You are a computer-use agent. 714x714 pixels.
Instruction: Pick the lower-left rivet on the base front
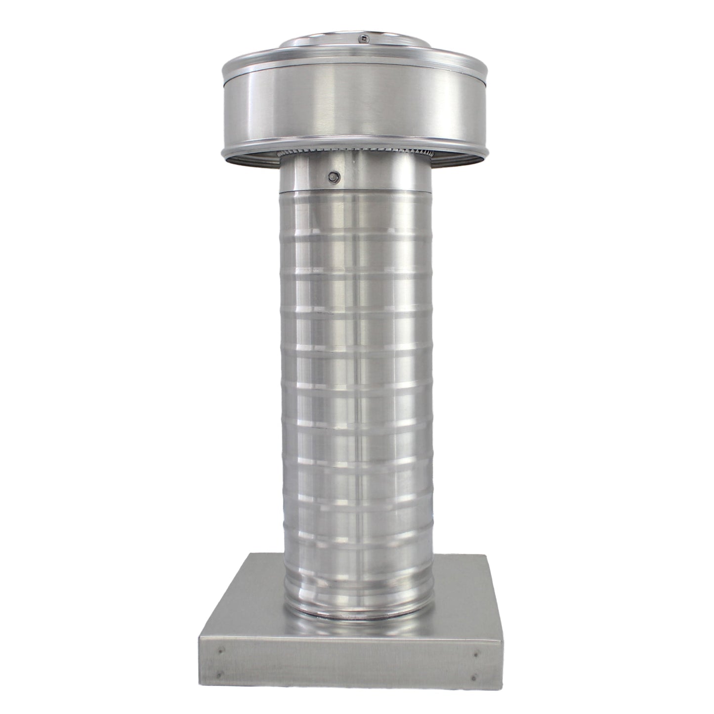[x=221, y=673]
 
